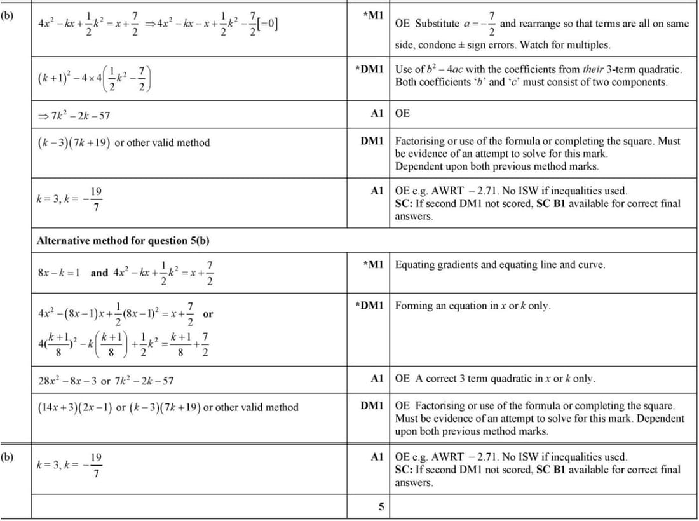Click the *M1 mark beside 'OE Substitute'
[x=373, y=15]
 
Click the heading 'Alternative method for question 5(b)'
[x=123, y=241]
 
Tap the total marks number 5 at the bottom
[x=381, y=507]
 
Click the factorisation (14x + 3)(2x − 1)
[x=74, y=407]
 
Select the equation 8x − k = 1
[x=59, y=273]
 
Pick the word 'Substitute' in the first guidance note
[x=437, y=24]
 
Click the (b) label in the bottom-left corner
[x=8, y=456]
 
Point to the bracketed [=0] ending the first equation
[x=266, y=24]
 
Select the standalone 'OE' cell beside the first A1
[x=402, y=114]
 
